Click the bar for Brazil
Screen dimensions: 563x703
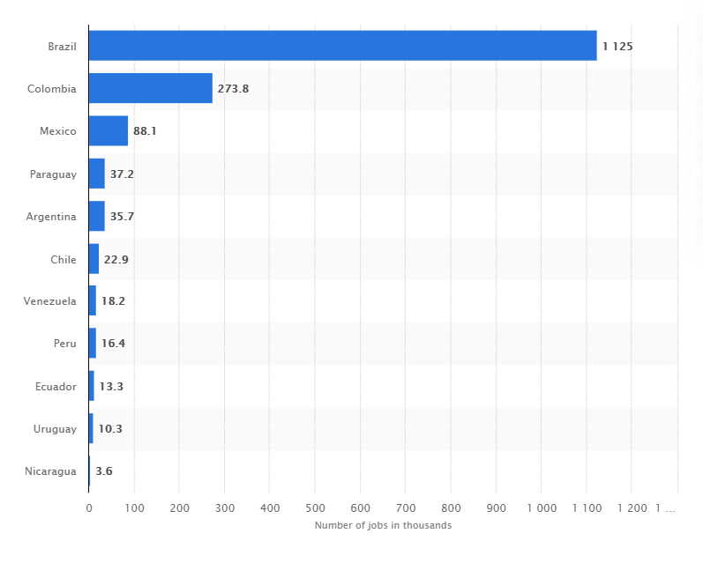tap(342, 46)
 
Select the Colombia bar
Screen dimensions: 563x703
tap(150, 88)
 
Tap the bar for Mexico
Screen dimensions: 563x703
tap(108, 131)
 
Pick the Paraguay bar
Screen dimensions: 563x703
tap(96, 174)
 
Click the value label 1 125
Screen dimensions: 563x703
tap(617, 46)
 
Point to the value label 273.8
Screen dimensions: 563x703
tap(233, 89)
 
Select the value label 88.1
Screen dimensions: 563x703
tap(145, 131)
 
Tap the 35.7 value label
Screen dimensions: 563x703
tap(122, 217)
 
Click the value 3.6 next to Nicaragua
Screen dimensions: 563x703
tap(103, 471)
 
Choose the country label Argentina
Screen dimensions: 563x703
tap(52, 217)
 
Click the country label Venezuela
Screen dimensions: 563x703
tap(50, 301)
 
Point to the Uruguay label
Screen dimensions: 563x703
tap(55, 429)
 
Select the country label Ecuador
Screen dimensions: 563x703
tap(55, 386)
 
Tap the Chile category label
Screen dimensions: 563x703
tap(64, 259)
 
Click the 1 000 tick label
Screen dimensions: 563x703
tap(541, 507)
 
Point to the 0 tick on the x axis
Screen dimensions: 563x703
tap(89, 507)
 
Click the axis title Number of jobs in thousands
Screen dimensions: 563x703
tap(383, 526)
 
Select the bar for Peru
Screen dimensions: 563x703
tap(93, 344)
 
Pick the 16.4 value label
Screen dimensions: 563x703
tap(113, 344)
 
